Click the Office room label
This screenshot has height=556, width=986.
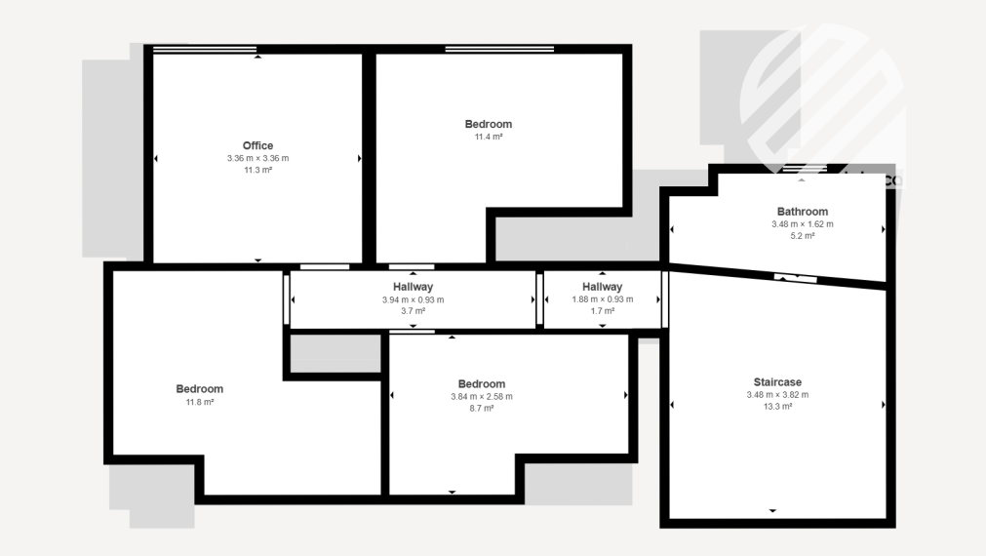click(257, 145)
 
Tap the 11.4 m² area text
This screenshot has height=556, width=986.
click(489, 137)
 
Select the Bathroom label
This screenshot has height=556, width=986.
click(803, 212)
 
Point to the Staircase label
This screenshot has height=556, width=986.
click(778, 381)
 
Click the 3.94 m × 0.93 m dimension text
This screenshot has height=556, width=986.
click(414, 300)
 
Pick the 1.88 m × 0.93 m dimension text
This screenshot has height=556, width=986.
click(603, 299)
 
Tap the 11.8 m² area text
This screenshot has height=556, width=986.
click(200, 402)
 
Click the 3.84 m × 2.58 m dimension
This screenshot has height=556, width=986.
click(482, 396)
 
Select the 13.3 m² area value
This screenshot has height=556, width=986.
click(778, 407)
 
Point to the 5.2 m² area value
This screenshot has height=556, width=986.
click(803, 236)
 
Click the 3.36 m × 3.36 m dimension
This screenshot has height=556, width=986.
click(257, 158)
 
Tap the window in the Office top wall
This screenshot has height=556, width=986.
click(205, 49)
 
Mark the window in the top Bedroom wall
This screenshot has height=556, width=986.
click(500, 49)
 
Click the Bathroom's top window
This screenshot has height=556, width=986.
click(805, 169)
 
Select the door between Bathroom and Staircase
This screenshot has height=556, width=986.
click(795, 277)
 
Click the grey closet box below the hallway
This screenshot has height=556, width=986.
click(335, 353)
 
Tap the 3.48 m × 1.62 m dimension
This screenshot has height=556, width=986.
click(803, 224)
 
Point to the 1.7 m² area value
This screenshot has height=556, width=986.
click(603, 311)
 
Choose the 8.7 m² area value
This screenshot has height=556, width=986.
click(482, 408)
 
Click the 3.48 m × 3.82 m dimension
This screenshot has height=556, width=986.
click(778, 395)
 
